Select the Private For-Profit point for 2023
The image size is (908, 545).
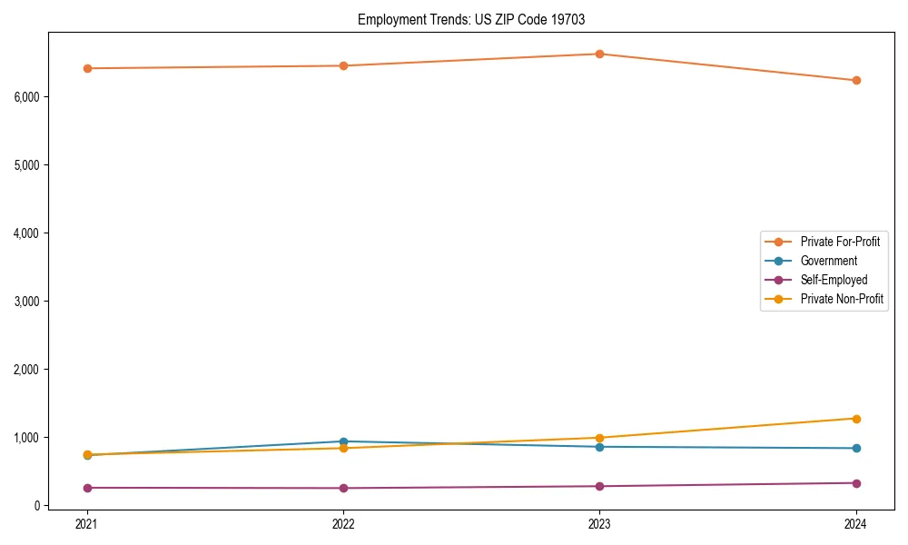pos(600,54)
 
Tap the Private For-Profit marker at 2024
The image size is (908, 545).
pos(856,80)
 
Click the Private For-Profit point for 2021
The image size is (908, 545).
pos(87,68)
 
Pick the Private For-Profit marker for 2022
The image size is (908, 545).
pos(343,65)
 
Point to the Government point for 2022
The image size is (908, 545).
pos(343,441)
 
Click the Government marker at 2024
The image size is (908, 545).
pos(856,448)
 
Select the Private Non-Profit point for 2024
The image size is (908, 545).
pos(856,419)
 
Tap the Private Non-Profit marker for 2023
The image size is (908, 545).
pos(600,438)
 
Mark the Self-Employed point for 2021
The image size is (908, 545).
pos(87,488)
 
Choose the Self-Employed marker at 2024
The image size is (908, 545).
pos(856,483)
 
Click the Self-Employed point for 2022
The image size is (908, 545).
pos(343,488)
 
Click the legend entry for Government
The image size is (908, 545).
pos(828,261)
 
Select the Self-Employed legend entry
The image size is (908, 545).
pos(834,280)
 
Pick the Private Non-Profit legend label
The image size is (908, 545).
pos(842,299)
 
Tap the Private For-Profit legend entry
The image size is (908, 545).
pos(840,242)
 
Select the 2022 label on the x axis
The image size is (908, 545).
pos(343,523)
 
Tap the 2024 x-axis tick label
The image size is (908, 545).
pos(856,523)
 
